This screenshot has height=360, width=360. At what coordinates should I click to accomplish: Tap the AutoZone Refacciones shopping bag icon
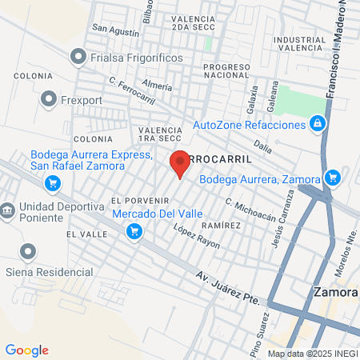pos(318,124)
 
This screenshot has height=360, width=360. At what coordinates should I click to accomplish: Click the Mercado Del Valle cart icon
pos(134,231)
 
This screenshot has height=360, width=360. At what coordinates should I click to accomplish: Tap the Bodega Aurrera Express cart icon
pos(53,184)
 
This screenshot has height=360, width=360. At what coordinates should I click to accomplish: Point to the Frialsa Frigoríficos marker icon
pos(78,57)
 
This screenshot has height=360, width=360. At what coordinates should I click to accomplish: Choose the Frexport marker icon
pos(50,100)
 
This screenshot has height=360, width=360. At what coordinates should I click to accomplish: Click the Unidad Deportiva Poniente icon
pos(7,210)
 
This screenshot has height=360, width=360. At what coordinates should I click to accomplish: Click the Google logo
pos(26,350)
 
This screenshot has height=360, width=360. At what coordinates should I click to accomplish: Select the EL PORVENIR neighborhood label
pos(138,200)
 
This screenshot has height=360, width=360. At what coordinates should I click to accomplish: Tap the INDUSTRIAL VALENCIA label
pos(299,43)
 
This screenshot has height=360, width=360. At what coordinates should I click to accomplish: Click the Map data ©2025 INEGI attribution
pos(312,353)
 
